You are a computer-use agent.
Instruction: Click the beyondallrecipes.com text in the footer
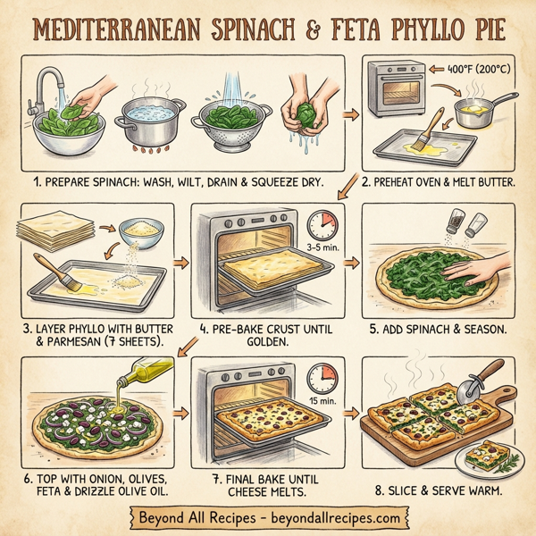[x=331, y=517]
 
